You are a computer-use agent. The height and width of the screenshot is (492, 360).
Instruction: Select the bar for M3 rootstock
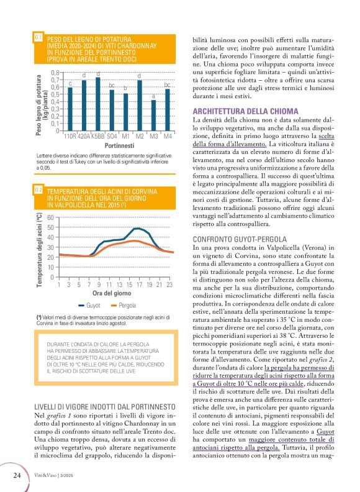pyautogui.click(x=153, y=116)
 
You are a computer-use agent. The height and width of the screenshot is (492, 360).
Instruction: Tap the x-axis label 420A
pyautogui.click(x=84, y=136)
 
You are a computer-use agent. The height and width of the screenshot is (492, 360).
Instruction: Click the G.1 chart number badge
pyautogui.click(x=38, y=38)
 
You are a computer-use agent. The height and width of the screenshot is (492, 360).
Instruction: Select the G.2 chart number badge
pyautogui.click(x=38, y=189)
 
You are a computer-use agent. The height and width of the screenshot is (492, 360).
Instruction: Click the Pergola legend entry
pyautogui.click(x=123, y=305)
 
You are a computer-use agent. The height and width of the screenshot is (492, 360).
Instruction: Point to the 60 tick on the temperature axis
pyautogui.click(x=52, y=217)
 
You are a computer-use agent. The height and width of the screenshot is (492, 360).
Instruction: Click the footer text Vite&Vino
pyautogui.click(x=45, y=475)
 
